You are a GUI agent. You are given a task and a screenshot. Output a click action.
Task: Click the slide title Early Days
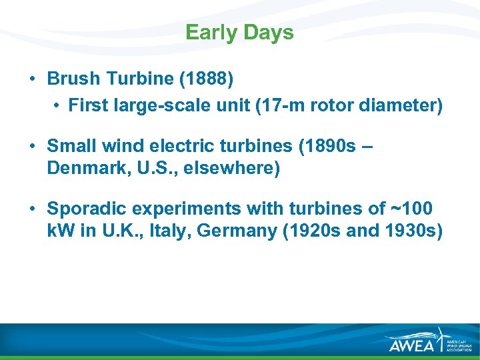pos(239,33)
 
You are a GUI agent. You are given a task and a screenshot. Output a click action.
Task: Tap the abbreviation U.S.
pos(153,168)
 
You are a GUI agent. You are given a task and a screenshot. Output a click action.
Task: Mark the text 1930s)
pos(413,231)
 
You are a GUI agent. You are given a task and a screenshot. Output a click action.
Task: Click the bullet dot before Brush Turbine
pos(33,79)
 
